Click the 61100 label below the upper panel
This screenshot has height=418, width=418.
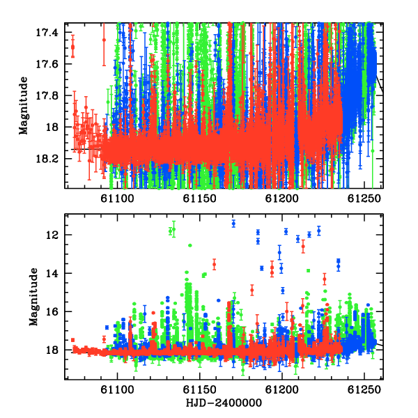117,199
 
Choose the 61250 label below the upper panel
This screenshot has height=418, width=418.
364,199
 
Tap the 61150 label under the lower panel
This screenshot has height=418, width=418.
200,389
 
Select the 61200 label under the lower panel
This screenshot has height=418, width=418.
281,389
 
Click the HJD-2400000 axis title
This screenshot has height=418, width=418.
224,403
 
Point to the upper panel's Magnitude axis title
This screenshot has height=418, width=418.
24,106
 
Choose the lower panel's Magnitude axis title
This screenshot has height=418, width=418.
33,297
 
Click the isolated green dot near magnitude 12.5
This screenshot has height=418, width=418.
190,245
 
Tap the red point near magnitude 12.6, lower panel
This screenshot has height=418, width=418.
303,247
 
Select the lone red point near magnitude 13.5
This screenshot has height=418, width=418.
214,265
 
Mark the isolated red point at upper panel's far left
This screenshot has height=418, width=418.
72,47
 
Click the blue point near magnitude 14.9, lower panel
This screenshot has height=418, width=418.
283,291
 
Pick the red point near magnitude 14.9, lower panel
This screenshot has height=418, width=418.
252,290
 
